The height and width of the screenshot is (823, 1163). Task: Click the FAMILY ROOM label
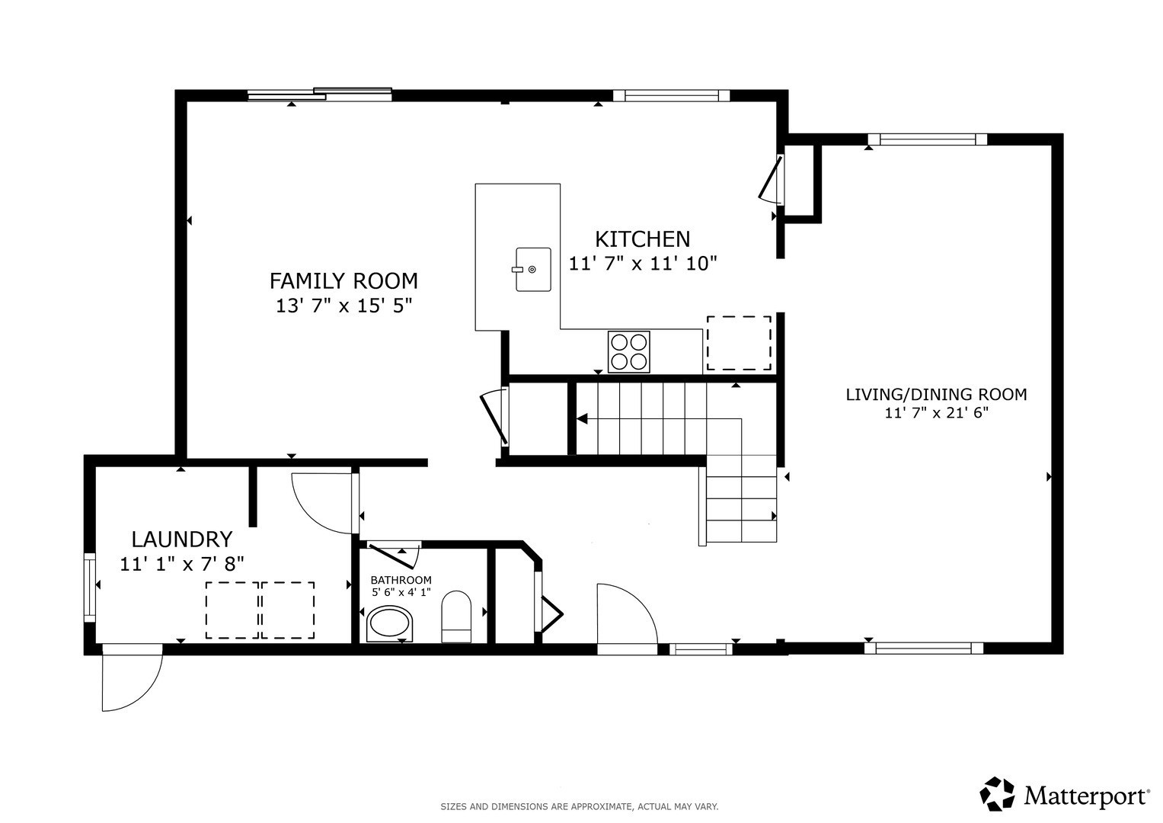pos(343,281)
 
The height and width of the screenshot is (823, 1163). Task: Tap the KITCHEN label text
pos(642,239)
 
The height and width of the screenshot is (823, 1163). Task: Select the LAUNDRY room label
pos(181,540)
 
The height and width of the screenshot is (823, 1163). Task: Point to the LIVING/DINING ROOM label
pos(936,395)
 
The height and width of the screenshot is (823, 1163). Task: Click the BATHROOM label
pos(401,580)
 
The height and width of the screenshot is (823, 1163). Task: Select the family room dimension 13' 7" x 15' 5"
pos(343,306)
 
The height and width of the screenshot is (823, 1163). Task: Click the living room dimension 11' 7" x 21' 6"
pos(936,414)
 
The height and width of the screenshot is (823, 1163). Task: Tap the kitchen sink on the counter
pos(532,269)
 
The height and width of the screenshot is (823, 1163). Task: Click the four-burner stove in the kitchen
pos(629,351)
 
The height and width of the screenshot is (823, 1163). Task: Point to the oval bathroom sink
pos(390,624)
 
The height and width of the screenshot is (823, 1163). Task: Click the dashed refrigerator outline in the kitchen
pos(739,343)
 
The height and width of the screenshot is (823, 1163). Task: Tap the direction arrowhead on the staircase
pos(582,418)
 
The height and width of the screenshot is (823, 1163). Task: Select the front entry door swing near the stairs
pos(626,617)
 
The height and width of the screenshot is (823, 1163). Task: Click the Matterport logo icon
pos(997,794)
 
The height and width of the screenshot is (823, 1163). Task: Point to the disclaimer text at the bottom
pos(580,806)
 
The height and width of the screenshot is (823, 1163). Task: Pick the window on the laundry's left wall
pos(90,586)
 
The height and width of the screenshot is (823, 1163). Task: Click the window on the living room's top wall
pos(927,139)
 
